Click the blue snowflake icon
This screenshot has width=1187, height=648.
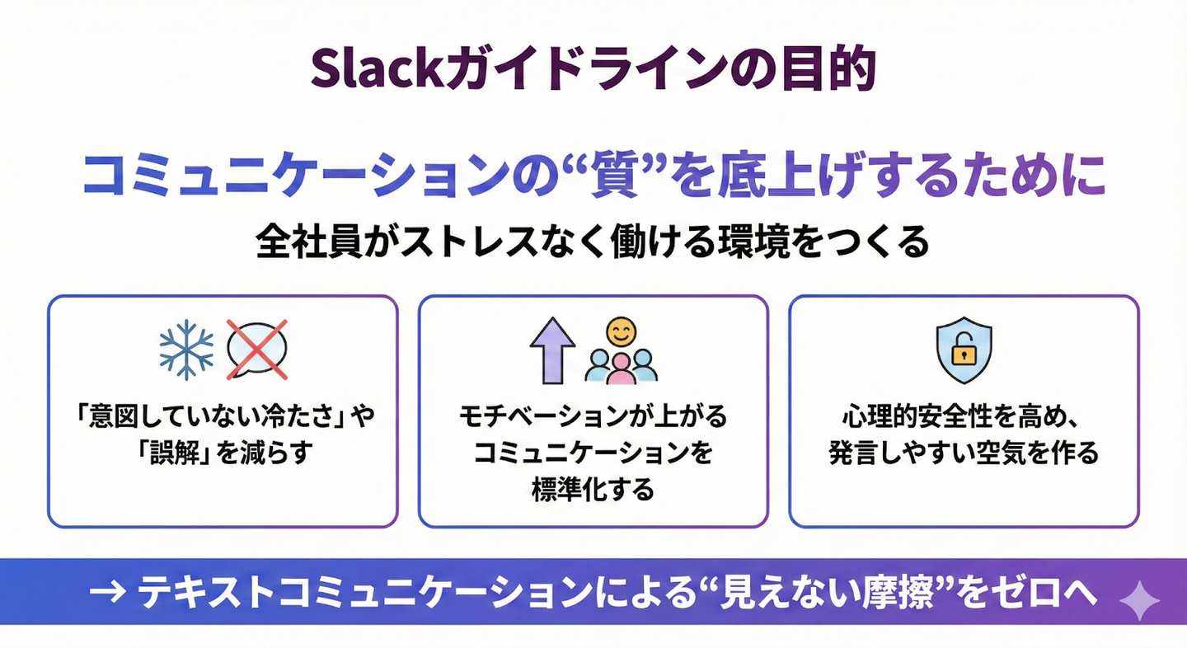[185, 350]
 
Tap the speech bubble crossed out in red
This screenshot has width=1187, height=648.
[256, 349]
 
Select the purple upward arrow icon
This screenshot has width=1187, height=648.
[551, 350]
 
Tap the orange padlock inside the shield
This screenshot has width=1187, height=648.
[964, 352]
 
